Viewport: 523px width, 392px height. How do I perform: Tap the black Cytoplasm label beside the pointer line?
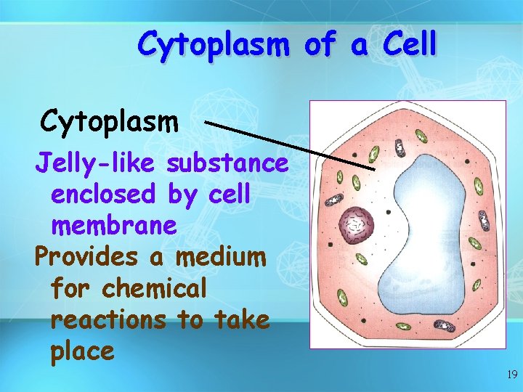coord(110,121)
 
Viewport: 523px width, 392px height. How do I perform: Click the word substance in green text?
coord(227,164)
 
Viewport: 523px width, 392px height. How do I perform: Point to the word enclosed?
coord(102,195)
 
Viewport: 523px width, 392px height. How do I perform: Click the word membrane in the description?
coord(114,226)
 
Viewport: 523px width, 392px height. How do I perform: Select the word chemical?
coord(155,288)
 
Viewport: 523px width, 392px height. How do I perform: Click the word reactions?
coord(108,319)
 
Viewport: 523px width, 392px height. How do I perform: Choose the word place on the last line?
coord(83,351)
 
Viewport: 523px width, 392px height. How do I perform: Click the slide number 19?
coord(511,375)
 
